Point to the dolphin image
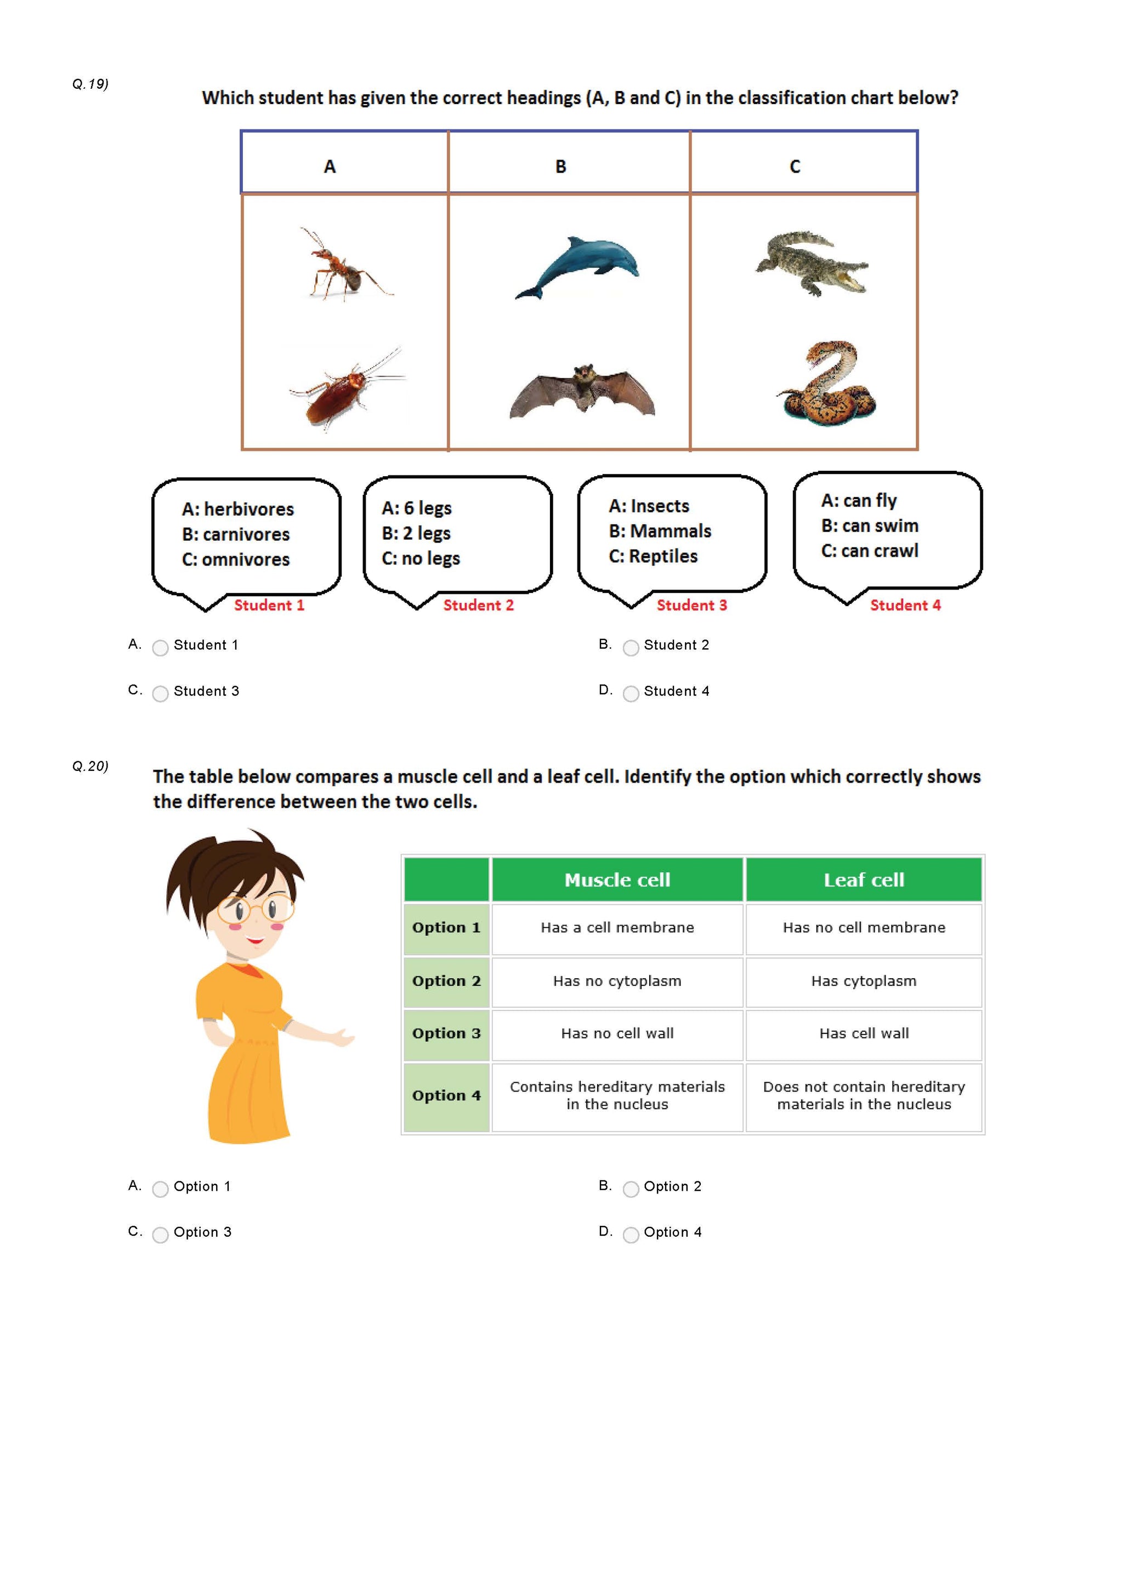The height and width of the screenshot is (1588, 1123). coord(578,267)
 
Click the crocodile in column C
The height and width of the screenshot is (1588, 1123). coord(812,263)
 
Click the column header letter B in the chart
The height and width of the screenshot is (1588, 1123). coord(560,167)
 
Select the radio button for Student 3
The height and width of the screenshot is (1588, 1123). coord(160,694)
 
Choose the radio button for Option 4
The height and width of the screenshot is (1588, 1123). coord(631,1235)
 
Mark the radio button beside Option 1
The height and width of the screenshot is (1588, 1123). coord(160,1189)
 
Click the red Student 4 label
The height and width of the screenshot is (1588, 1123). coord(905,605)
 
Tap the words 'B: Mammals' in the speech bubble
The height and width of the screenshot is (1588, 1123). coord(660,531)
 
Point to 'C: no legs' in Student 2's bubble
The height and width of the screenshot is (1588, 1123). coord(421,558)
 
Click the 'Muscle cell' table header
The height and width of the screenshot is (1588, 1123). coord(617,880)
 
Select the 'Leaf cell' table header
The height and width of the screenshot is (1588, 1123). coord(864,880)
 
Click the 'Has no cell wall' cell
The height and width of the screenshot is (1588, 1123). coord(617,1033)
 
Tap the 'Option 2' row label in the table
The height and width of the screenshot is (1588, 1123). coord(446,981)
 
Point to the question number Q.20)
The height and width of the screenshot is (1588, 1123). coord(90,766)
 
